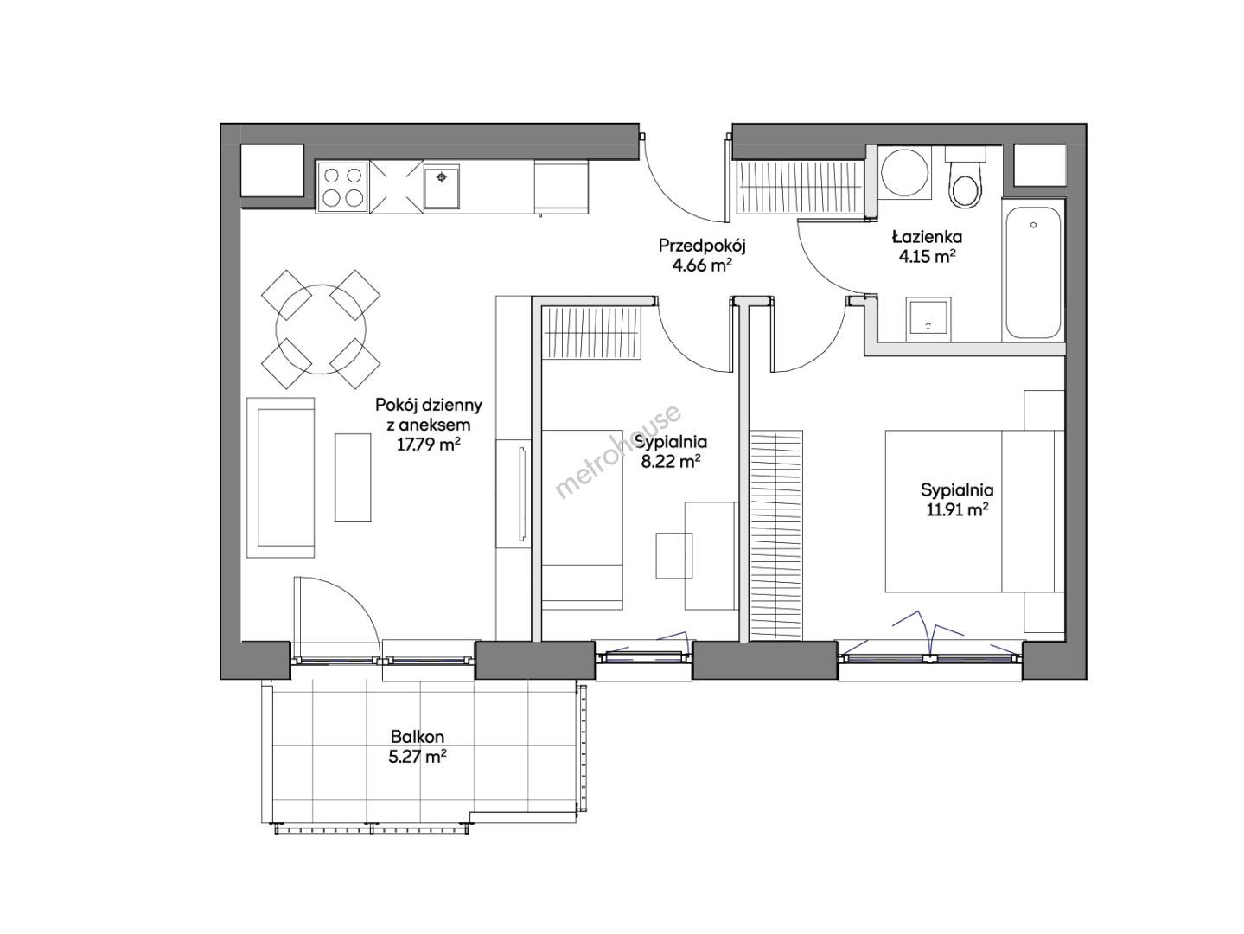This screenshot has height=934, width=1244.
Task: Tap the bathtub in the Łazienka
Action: click(1032, 272)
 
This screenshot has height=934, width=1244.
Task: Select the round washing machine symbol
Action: click(904, 171)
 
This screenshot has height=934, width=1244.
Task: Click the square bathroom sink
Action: click(928, 319)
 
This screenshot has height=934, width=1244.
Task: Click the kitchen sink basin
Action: click(442, 186)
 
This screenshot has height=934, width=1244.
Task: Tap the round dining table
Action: click(321, 329)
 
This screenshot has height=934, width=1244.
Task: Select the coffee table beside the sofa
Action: click(353, 477)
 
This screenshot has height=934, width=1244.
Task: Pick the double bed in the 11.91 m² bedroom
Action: click(974, 510)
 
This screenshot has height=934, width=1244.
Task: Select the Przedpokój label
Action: click(702, 246)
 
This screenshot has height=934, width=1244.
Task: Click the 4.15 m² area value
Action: click(928, 256)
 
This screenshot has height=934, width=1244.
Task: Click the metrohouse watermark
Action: click(617, 451)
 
